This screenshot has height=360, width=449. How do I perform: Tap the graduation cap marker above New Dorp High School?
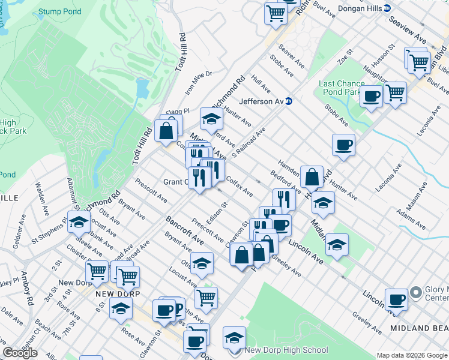click(x=234, y=337)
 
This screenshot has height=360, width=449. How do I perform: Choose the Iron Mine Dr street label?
click(x=199, y=83)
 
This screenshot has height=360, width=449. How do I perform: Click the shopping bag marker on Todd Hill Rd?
click(x=165, y=130)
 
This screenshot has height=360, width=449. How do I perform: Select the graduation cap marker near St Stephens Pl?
click(x=79, y=221)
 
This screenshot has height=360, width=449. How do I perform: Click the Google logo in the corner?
click(x=20, y=353)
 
